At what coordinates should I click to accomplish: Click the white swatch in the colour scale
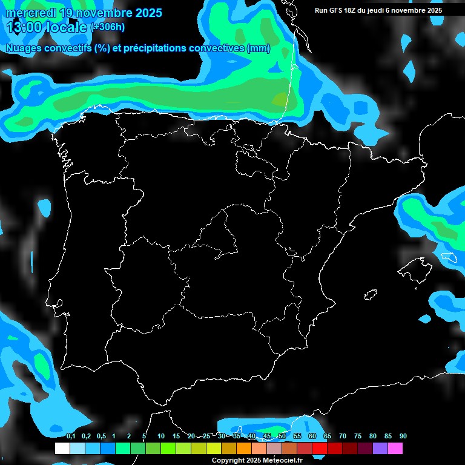click(62, 448)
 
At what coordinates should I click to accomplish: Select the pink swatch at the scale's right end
click(395, 448)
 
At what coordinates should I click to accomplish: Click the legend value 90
click(403, 436)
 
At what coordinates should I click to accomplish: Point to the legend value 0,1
click(71, 436)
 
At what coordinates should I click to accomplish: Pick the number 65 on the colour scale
click(328, 436)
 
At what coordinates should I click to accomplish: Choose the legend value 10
click(161, 436)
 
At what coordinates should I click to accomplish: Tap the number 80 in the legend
click(373, 436)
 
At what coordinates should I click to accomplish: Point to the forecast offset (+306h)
click(108, 27)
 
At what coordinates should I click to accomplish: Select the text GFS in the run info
click(336, 10)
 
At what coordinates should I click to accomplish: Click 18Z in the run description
click(352, 10)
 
